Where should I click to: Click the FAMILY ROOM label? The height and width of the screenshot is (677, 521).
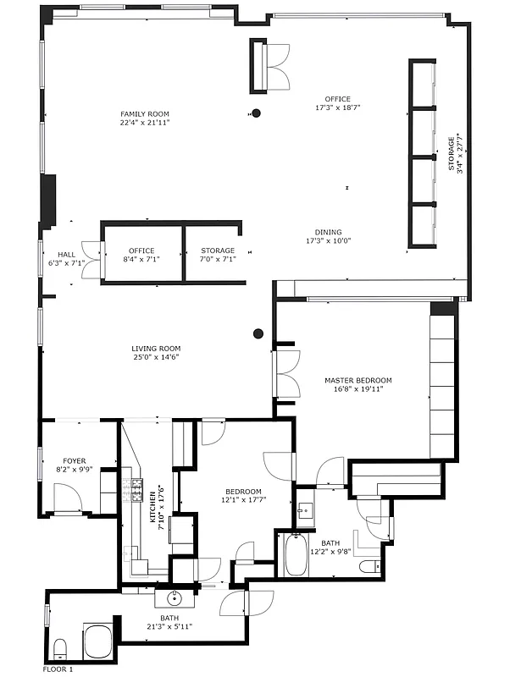145,113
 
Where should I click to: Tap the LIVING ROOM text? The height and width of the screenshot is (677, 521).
156,349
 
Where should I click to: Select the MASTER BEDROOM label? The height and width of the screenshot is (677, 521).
358,381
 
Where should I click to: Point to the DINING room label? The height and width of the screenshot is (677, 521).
329,232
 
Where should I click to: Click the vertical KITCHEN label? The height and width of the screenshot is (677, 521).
153,509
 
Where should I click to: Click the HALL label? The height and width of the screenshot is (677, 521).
67,254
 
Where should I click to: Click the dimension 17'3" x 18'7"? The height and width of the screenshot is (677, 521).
332,108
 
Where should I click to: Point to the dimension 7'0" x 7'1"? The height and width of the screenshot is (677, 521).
218,259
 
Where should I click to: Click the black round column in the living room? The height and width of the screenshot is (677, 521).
258,333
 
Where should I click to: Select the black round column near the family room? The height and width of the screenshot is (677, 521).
256,113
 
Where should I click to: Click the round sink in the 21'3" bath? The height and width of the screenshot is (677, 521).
175,599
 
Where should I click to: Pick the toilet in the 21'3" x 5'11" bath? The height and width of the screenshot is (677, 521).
60,649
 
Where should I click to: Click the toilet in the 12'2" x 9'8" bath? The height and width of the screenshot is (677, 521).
369,566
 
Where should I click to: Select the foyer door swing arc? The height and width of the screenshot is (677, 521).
68,497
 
